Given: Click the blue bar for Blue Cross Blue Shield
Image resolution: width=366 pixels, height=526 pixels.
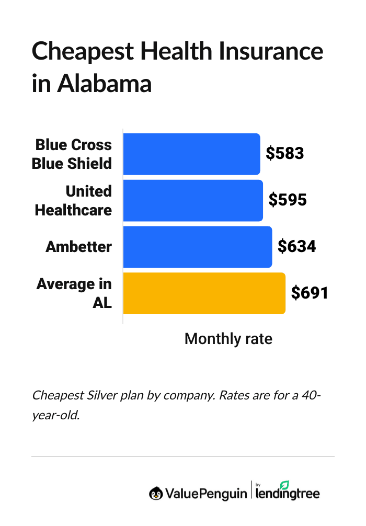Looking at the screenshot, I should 191,154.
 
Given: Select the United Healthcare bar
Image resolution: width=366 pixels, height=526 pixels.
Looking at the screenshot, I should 193,200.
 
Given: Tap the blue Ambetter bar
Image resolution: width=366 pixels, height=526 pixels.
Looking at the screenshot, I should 197,247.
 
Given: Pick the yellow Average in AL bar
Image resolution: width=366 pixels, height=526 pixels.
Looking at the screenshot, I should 204,293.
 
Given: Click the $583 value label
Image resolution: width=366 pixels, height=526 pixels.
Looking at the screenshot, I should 285,153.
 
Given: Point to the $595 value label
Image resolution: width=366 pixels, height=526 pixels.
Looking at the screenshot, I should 288,200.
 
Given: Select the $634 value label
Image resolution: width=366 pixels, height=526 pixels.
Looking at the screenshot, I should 296,246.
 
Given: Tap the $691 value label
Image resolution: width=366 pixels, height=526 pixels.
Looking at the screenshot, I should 310,293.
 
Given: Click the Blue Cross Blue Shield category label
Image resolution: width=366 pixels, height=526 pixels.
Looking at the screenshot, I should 72,154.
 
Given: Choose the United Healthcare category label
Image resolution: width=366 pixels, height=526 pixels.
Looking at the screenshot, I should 74,200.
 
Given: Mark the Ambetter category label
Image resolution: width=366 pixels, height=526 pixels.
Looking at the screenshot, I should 79,247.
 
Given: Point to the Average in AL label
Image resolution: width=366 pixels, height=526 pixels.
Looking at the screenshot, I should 75,293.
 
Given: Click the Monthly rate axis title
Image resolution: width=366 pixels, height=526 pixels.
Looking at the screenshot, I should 228,339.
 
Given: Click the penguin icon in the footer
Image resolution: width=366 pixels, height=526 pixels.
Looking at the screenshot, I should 155,493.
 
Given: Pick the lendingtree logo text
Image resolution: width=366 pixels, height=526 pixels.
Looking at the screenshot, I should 288,494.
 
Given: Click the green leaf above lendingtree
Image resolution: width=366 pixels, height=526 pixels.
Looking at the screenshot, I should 285,484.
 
